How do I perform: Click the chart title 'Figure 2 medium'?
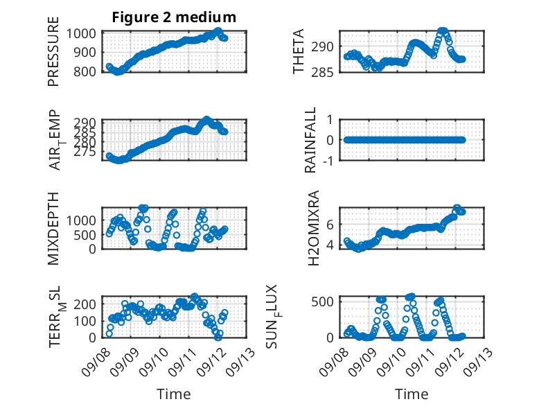[x=174, y=17]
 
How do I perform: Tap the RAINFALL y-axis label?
[x=311, y=141]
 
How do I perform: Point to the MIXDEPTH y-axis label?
[x=54, y=228]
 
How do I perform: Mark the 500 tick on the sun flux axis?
[x=323, y=301]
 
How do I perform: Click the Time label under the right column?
[x=412, y=394]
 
